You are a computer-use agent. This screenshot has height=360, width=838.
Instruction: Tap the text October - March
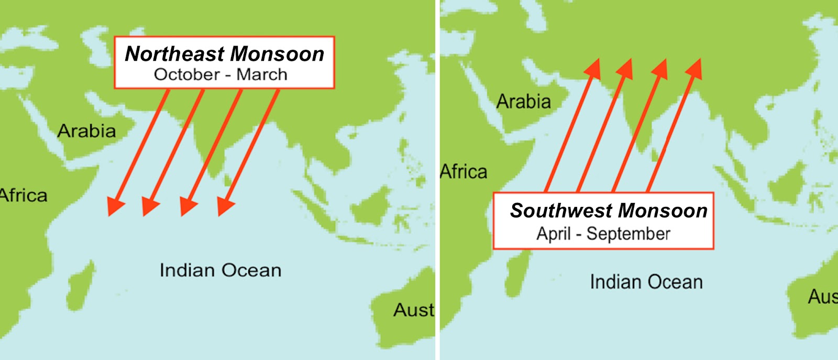coord(220,74)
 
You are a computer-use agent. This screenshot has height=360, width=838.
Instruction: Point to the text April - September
coord(603,234)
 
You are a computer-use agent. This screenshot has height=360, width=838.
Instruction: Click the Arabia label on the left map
coord(86,131)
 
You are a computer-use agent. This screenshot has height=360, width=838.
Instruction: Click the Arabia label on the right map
coord(523,102)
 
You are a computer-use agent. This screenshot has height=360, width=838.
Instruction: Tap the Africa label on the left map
coord(23,195)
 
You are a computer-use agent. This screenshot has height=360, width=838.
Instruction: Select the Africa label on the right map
coord(464,172)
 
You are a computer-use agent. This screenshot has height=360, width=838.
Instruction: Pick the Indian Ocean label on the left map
coord(220,270)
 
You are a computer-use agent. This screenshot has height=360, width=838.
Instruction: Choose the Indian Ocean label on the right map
coord(646,282)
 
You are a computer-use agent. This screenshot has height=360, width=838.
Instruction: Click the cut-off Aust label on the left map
coord(414,310)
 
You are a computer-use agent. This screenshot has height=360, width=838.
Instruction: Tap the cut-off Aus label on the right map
coord(822,297)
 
